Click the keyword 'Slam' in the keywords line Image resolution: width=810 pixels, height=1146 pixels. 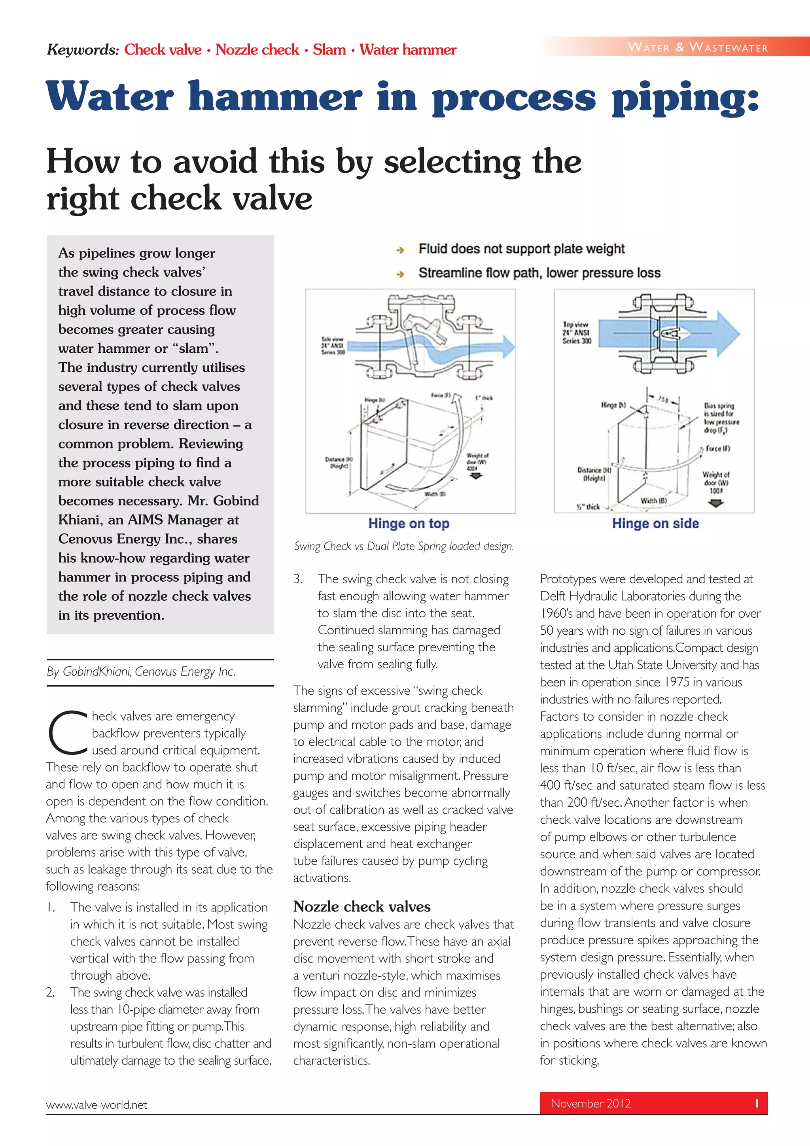(x=329, y=50)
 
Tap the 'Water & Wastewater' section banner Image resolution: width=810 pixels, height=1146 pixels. (x=697, y=47)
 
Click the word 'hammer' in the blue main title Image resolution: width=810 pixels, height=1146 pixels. (x=275, y=97)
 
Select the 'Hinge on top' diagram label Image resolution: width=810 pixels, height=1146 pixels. (x=409, y=523)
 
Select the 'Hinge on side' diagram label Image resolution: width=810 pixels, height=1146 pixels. (x=655, y=523)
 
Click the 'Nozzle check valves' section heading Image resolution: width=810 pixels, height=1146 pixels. (x=361, y=906)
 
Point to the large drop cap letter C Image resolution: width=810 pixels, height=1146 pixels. (x=67, y=732)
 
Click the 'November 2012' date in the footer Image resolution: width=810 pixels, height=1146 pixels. (x=590, y=1103)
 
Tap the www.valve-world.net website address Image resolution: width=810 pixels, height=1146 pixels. (x=97, y=1104)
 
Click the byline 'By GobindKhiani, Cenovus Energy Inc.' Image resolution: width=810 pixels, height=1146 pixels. (x=140, y=671)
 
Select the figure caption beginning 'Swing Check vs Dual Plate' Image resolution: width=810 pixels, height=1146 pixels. (x=404, y=546)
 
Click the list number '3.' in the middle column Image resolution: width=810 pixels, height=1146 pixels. (x=297, y=579)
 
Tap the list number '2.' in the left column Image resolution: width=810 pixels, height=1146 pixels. (x=50, y=992)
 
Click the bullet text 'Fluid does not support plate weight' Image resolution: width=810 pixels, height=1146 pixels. (x=521, y=249)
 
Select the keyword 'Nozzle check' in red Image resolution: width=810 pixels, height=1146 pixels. (x=257, y=50)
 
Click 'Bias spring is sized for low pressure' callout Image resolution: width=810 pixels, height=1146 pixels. (x=721, y=418)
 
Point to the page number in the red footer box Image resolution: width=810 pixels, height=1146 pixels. (x=757, y=1103)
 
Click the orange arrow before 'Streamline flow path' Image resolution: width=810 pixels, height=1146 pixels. (x=400, y=274)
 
